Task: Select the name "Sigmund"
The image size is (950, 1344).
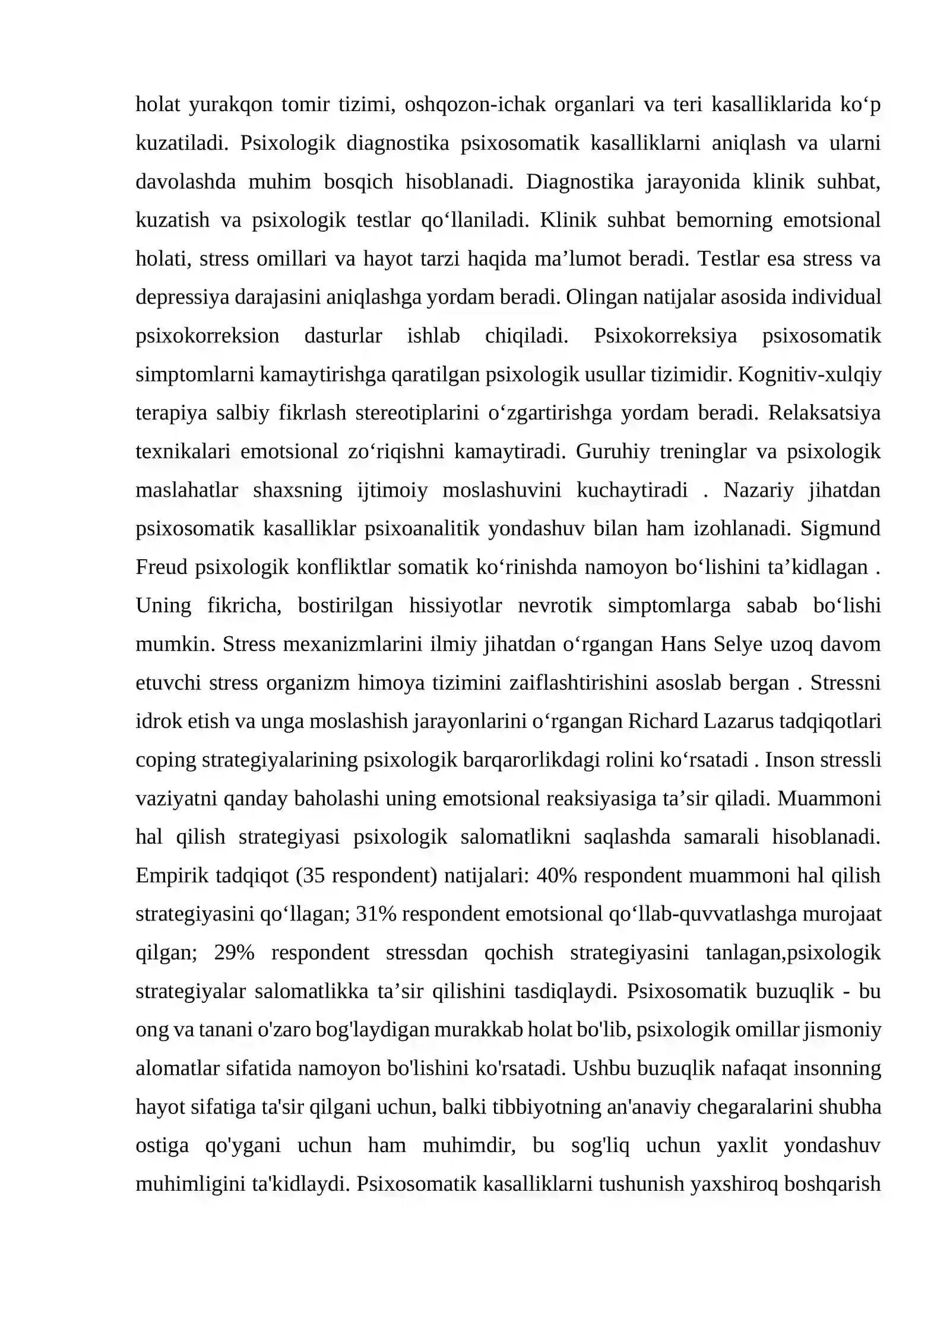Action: [x=840, y=528]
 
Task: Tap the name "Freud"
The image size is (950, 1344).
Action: [x=161, y=567]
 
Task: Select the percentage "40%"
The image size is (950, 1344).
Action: [x=556, y=875]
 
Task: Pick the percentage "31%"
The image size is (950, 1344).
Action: [x=376, y=914]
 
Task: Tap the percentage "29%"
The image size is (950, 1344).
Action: [x=234, y=952]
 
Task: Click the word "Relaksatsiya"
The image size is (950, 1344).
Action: [x=824, y=413]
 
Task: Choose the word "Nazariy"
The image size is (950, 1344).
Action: [x=758, y=490]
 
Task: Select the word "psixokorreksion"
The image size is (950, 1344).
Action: [x=207, y=336]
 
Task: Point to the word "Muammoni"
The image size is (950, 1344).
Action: [x=829, y=798]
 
